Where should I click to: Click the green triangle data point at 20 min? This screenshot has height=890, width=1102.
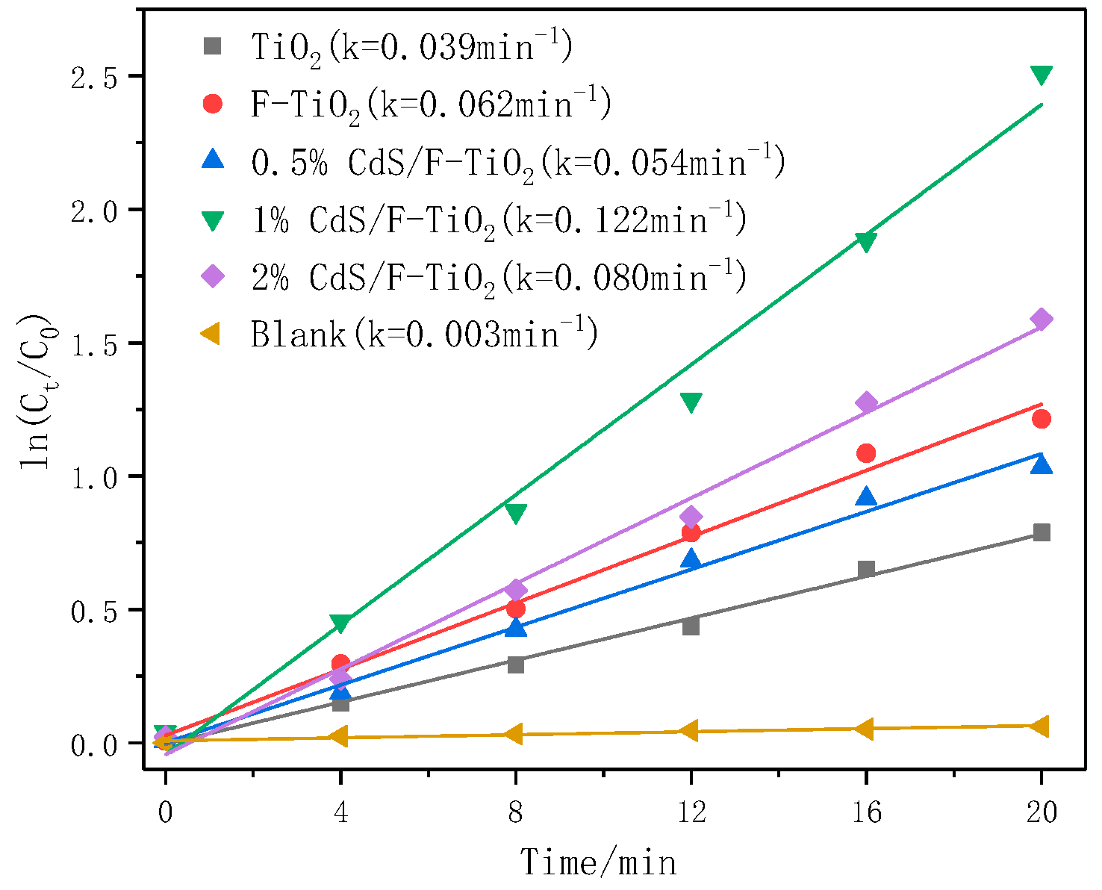click(x=1041, y=75)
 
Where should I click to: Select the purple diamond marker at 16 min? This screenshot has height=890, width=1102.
click(x=866, y=403)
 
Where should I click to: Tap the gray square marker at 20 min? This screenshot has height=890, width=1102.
click(x=1042, y=532)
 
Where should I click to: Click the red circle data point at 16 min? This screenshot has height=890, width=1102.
click(x=866, y=453)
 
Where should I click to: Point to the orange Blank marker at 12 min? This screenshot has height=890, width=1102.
click(x=690, y=731)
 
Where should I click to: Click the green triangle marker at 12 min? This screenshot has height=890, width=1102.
click(x=691, y=402)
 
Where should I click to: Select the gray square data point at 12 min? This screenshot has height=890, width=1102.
click(x=691, y=626)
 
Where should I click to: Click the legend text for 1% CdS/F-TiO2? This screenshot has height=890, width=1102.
click(x=499, y=221)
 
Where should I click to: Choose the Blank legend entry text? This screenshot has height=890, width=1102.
click(x=424, y=334)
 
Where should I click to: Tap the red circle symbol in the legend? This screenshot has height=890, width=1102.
click(x=214, y=104)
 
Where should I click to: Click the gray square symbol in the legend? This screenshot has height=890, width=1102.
click(x=214, y=46)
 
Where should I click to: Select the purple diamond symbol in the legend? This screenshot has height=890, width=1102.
click(x=214, y=276)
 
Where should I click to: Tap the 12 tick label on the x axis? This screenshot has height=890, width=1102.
click(x=691, y=812)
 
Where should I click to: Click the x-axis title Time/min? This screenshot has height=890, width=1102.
click(x=598, y=862)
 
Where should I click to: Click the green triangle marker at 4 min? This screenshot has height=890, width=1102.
click(x=340, y=623)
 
